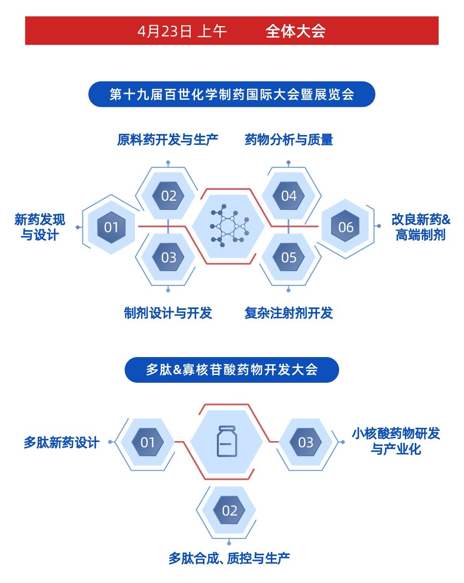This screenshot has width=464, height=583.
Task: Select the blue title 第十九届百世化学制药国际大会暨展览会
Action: coord(232,94)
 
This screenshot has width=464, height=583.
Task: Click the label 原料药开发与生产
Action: coord(168,140)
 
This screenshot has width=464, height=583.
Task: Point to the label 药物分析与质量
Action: coord(288,140)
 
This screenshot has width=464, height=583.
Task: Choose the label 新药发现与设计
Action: coord(40,227)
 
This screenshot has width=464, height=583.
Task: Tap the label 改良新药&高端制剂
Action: coord(421,227)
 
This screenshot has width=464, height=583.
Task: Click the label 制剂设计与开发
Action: coord(168,313)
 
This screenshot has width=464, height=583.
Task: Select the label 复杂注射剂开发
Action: coord(288,313)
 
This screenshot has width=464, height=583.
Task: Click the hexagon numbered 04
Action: coord(288,196)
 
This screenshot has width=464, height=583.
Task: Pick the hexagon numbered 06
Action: coord(346,227)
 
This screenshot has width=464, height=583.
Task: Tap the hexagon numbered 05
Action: coord(288,257)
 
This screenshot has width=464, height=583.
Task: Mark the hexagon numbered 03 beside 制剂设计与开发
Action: coord(168,257)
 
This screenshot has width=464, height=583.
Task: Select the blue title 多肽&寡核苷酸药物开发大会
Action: coord(232,369)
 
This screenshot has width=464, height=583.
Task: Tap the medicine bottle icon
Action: coord(227,442)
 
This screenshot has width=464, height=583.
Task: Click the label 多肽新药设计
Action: coord(61,443)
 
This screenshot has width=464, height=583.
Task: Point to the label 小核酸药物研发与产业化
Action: coord(396,441)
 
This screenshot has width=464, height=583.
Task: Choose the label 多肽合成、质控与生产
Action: coord(229,559)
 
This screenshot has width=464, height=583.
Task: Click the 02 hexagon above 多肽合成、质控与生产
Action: coord(229,511)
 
